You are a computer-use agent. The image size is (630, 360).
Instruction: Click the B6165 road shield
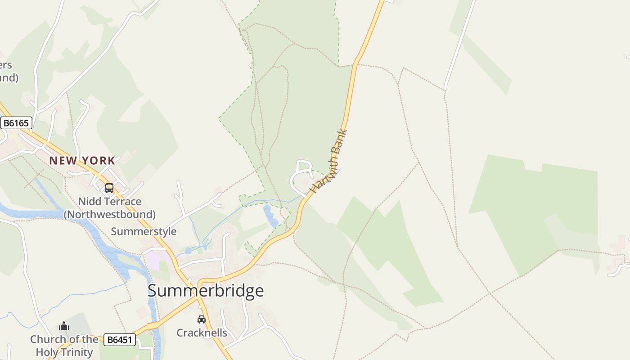coord(16,123)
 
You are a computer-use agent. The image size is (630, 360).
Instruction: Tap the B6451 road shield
coord(120,340)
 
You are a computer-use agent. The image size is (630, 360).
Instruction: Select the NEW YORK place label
coord(82,161)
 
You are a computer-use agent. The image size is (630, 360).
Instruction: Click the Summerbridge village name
coord(206,291)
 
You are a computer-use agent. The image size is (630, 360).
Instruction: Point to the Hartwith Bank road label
coord(329,162)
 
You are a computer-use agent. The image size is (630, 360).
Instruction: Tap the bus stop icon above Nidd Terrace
coord(109,188)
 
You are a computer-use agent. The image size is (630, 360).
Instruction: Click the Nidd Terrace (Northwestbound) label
coord(110,208)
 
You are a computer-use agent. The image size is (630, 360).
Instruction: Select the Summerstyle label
coord(144,232)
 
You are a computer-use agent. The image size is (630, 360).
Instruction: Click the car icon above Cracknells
coord(202,319)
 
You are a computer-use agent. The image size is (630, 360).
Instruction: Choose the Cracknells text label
coord(202,333)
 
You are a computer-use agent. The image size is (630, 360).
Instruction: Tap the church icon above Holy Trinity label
coord(64,326)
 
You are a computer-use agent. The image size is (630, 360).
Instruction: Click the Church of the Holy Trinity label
coord(64,346)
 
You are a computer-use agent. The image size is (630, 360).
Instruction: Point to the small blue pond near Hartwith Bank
coord(270,216)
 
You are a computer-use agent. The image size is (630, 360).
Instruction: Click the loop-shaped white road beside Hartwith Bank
coord(300,175)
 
